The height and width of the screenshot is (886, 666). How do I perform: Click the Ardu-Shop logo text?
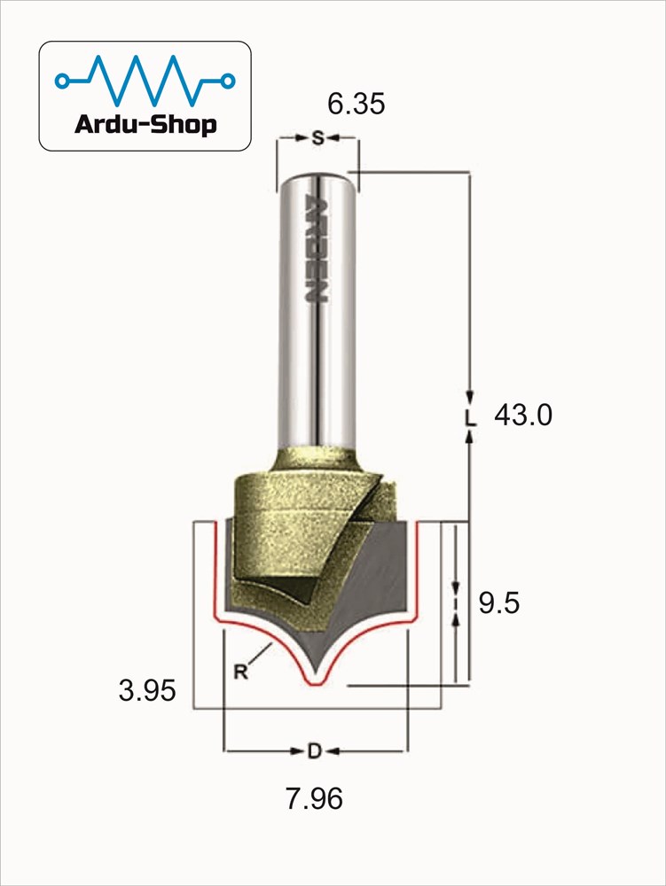(x=145, y=124)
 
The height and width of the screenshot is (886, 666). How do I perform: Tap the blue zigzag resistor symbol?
(x=145, y=81)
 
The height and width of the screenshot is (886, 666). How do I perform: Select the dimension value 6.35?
(x=357, y=104)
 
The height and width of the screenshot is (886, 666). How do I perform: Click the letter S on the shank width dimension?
(x=318, y=137)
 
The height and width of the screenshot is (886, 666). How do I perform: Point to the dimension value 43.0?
(x=523, y=416)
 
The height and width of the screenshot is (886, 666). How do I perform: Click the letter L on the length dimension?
(x=470, y=417)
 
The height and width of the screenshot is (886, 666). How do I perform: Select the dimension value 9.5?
(x=498, y=602)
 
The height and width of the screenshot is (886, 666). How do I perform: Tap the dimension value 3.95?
(x=147, y=690)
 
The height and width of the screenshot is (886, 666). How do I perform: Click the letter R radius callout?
(x=241, y=672)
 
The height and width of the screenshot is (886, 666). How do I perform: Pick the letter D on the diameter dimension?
(x=314, y=751)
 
